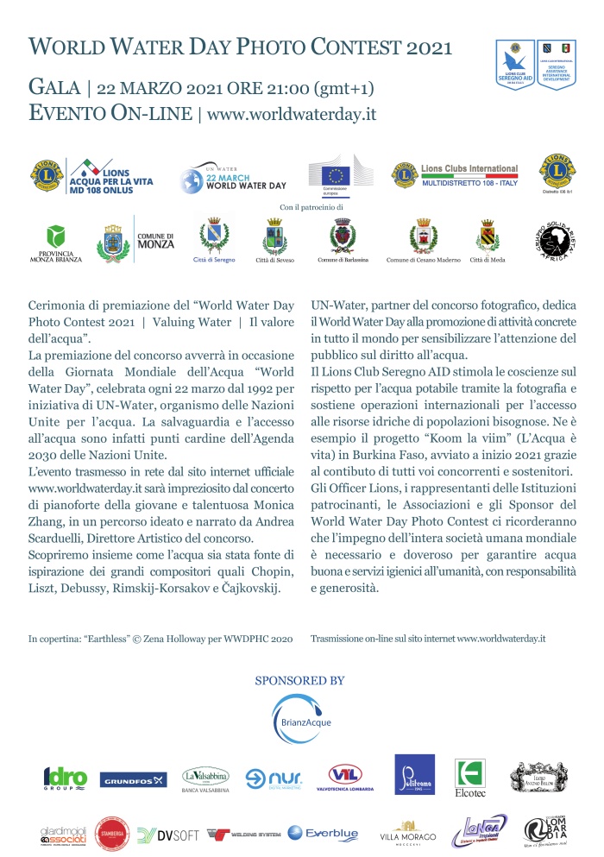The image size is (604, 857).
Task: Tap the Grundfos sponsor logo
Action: click(x=134, y=781)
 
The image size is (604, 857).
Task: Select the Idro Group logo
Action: click(x=66, y=779)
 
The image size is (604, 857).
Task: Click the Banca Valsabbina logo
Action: click(x=205, y=779)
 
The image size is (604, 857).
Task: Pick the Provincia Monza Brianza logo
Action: click(x=56, y=243)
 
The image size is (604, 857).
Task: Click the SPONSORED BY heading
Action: click(x=299, y=681)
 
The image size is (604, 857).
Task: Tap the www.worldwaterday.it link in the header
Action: click(x=293, y=113)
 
